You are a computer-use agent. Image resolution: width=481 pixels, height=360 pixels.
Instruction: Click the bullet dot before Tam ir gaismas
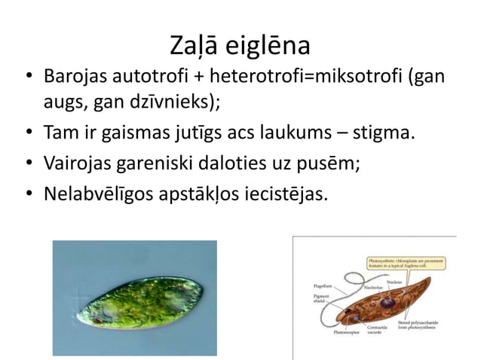29,135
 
